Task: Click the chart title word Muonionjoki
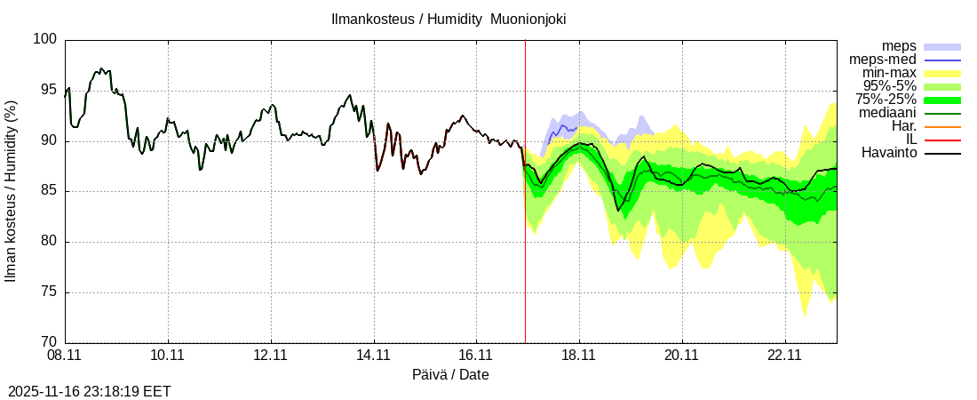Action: [x=529, y=19]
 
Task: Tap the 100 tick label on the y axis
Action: [x=46, y=40]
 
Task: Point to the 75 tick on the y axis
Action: [x=50, y=292]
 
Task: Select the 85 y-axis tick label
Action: [x=50, y=191]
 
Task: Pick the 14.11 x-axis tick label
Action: [x=373, y=355]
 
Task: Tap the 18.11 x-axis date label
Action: [x=579, y=355]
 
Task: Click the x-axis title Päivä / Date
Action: [x=450, y=374]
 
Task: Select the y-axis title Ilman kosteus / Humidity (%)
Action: [x=12, y=191]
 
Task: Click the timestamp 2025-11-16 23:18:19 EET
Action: [x=90, y=391]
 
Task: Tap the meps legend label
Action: [x=899, y=46]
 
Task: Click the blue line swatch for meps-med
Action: [x=942, y=60]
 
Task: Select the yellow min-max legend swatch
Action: [x=942, y=73]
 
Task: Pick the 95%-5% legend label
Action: [x=890, y=86]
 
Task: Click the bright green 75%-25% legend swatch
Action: [x=942, y=100]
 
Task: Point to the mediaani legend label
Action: [x=888, y=113]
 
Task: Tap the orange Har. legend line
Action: [x=942, y=126]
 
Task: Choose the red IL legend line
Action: [x=942, y=140]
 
